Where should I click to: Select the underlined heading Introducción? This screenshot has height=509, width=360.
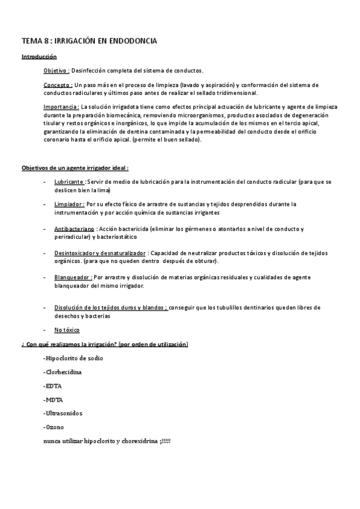(x=39, y=56)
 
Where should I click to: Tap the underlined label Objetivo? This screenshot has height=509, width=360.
(x=56, y=70)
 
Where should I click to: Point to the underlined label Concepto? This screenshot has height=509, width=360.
(x=58, y=85)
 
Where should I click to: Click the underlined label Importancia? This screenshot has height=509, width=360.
(x=61, y=107)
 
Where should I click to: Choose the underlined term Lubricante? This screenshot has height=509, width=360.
(x=69, y=182)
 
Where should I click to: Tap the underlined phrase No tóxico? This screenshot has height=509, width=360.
(x=67, y=330)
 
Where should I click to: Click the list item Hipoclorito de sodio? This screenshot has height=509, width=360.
(x=73, y=358)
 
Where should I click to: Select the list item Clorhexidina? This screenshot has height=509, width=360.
(x=63, y=372)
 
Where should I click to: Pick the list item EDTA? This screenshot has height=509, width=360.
(x=53, y=386)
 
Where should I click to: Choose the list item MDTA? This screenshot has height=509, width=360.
(x=53, y=399)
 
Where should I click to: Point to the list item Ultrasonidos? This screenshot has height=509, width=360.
(x=63, y=414)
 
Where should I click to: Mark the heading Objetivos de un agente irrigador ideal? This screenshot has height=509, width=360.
(x=75, y=167)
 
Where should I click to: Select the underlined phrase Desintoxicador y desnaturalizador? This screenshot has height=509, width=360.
(x=100, y=253)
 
